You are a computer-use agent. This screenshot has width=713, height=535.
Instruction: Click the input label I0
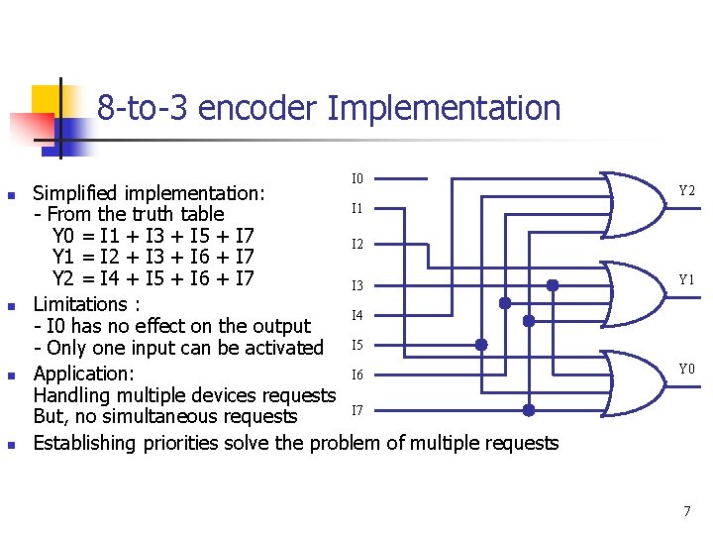(357, 179)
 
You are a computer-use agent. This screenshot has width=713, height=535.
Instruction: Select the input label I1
(357, 209)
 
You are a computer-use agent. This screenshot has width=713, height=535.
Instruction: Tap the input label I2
(357, 244)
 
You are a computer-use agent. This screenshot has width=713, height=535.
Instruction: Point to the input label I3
(357, 286)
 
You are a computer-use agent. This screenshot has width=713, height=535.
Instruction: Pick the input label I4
(357, 316)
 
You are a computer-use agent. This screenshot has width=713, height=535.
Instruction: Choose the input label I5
(357, 346)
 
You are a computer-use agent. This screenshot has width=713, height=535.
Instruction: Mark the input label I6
(357, 374)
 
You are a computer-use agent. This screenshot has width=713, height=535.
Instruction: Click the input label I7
(357, 410)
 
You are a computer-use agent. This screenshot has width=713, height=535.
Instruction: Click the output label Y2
(686, 190)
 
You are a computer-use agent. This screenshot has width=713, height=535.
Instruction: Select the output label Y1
(686, 279)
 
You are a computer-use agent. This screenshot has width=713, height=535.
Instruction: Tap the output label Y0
(686, 370)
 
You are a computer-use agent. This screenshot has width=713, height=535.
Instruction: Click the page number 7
(686, 511)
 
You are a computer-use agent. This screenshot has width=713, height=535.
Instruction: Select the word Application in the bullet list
(83, 374)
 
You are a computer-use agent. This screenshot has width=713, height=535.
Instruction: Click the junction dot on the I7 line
(529, 409)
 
